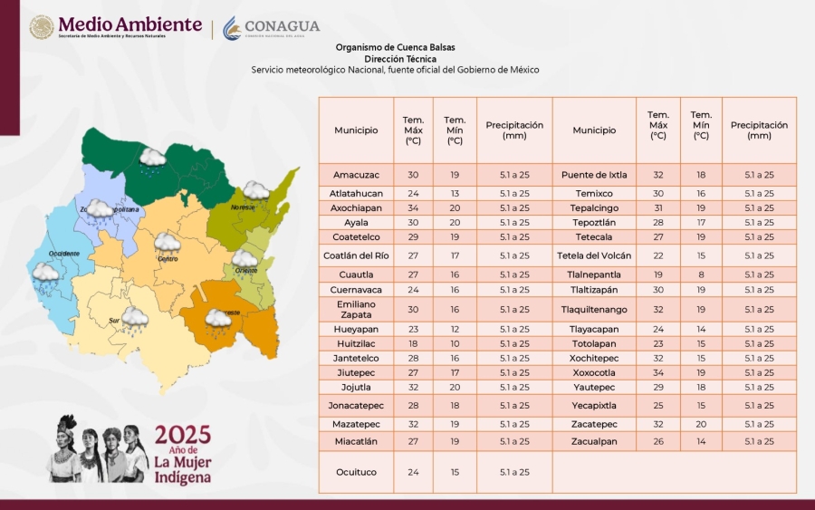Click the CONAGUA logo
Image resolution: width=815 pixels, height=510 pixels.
271,28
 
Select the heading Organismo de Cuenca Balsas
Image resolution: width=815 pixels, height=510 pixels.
395,47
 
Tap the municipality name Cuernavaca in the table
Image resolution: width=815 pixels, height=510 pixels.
356,290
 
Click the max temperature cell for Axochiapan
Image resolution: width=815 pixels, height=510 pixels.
413,207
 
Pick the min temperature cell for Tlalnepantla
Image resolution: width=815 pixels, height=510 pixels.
701,274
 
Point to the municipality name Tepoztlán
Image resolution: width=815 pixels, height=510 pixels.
594,222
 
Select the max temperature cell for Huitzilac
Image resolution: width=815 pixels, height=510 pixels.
413,344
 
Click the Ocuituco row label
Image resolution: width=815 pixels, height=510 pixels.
356,472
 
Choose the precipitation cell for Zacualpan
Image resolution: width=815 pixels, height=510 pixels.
759,441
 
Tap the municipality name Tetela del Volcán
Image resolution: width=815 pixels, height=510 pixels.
594,255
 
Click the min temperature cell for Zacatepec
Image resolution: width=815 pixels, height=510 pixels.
701,424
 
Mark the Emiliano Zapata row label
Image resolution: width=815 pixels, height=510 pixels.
356,309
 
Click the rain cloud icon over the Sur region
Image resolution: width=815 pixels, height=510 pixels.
135,318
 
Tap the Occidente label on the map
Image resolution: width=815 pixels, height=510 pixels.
63,253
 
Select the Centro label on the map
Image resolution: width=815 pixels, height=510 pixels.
168,258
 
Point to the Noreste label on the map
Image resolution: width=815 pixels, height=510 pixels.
243,207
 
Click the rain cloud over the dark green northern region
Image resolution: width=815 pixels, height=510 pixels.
152,159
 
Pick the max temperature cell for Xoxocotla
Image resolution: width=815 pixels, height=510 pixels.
658,372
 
